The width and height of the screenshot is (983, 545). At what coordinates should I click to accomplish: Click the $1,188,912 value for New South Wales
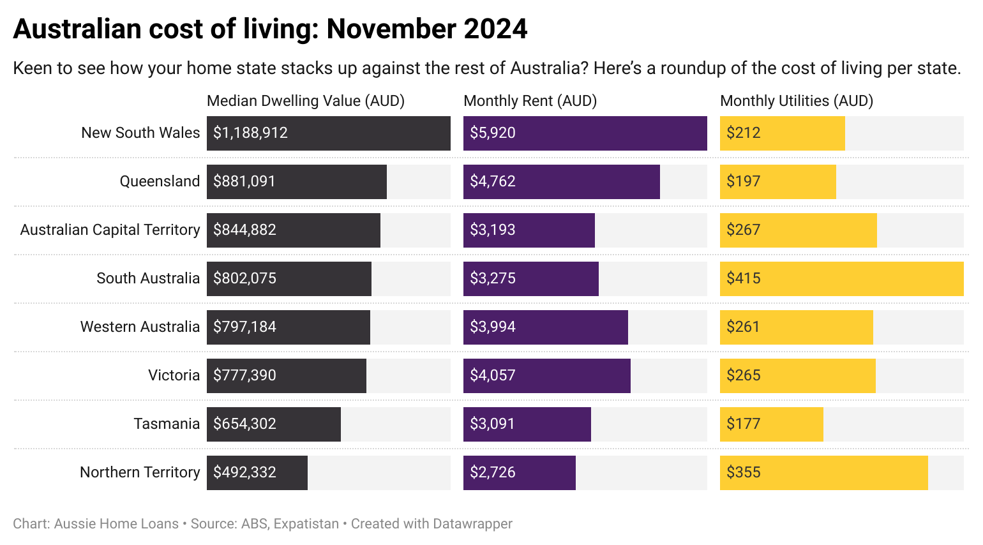[x=250, y=133]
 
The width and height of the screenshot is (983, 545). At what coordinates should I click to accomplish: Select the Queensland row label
[x=160, y=181]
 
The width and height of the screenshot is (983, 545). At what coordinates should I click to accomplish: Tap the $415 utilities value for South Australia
[x=744, y=278]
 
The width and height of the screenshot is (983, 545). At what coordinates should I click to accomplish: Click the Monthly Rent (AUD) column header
[x=530, y=101]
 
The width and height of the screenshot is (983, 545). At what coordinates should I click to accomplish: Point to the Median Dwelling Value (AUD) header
[x=305, y=101]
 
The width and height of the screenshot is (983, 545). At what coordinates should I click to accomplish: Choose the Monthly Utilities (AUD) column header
[x=796, y=101]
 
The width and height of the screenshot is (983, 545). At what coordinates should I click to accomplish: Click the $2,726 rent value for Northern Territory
[x=492, y=472]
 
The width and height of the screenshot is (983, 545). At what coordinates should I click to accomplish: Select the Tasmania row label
[x=167, y=424]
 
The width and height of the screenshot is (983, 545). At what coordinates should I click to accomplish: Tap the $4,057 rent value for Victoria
[x=492, y=375]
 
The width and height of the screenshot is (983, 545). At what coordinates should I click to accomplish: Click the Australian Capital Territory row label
[x=110, y=230]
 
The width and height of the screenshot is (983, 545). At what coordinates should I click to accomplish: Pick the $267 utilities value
[x=744, y=230]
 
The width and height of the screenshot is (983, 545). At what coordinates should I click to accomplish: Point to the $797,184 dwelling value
[x=244, y=327]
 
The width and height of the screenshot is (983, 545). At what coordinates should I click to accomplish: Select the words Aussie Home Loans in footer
[x=116, y=524]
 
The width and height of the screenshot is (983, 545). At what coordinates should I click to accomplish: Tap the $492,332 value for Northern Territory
[x=244, y=472]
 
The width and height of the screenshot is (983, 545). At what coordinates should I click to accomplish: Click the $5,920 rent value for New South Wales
[x=492, y=133]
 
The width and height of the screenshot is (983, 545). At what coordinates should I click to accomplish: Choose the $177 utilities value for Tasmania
[x=744, y=424]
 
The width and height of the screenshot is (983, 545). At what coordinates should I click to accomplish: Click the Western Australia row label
[x=140, y=327]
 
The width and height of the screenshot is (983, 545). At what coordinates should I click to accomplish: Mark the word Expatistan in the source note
[x=306, y=524]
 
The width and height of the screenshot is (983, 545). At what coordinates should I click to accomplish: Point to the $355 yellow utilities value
[x=744, y=472]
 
